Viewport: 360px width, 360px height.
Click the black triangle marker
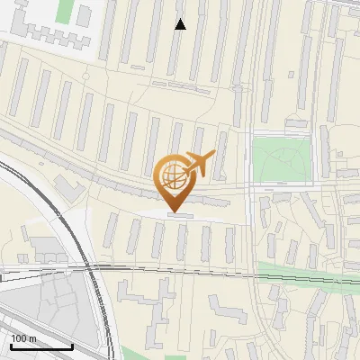(x=180, y=24)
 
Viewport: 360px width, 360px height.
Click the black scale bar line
(x=41, y=346)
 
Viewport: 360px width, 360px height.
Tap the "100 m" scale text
(x=24, y=338)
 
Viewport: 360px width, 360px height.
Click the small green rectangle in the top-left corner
(x=64, y=11)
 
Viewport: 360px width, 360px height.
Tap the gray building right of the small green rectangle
(x=84, y=14)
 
